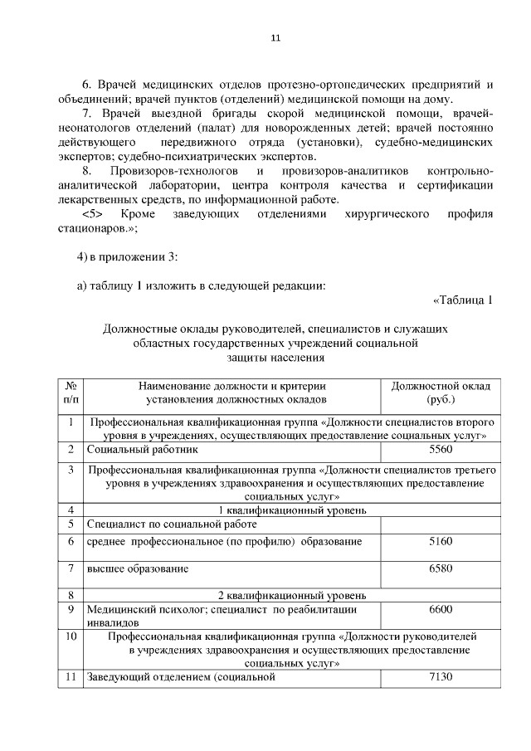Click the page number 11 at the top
click(276, 37)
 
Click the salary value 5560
click(441, 449)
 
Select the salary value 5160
click(441, 541)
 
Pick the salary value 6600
click(441, 609)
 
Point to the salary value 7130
click(441, 677)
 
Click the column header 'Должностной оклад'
click(441, 386)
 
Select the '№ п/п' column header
click(71, 393)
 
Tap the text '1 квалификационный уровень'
click(292, 510)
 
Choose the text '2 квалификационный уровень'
click(292, 595)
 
